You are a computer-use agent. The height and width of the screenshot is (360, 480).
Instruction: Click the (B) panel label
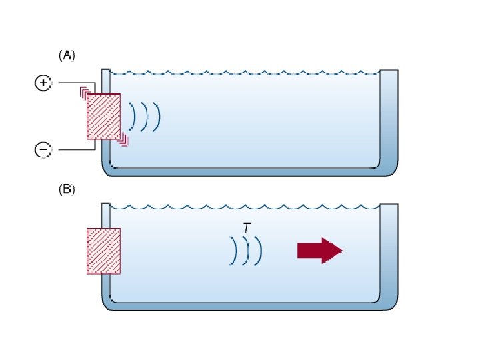tap(67, 190)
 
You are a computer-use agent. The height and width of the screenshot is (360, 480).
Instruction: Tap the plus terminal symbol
tap(43, 83)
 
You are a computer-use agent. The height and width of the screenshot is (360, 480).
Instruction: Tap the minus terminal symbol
tap(43, 150)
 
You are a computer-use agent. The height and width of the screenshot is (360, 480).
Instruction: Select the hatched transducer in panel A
tap(103, 117)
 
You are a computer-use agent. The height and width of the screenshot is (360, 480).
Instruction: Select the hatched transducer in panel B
tap(103, 251)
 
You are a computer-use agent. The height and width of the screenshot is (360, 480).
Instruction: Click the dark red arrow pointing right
tap(319, 251)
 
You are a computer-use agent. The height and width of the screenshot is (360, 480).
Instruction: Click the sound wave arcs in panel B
tap(246, 251)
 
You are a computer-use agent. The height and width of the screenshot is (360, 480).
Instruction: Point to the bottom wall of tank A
tap(247, 171)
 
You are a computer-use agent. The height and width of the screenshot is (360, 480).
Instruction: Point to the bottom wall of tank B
tap(247, 305)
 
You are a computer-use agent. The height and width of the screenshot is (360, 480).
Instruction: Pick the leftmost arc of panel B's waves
tap(234, 251)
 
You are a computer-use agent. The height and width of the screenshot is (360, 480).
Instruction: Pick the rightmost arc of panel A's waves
tap(159, 117)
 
